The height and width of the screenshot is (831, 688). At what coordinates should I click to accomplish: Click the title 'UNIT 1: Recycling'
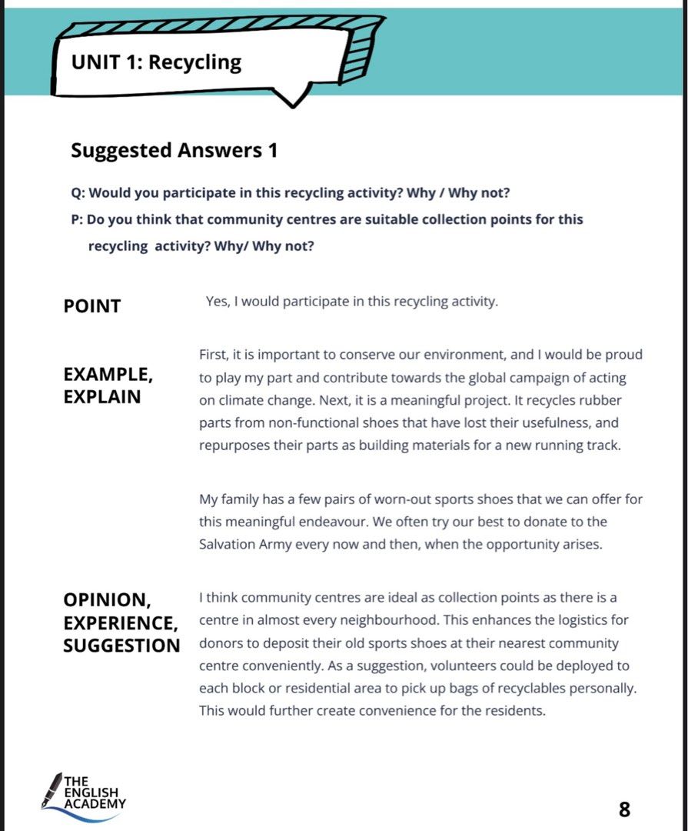[156, 62]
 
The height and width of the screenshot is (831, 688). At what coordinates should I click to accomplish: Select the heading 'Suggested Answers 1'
[174, 150]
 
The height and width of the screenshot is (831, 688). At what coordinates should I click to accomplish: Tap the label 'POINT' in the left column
[91, 306]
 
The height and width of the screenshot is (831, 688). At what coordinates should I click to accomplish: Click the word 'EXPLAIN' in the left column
[101, 397]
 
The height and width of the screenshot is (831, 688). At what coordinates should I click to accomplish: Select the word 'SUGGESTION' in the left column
[121, 646]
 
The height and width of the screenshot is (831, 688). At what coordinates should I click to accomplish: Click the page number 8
[624, 809]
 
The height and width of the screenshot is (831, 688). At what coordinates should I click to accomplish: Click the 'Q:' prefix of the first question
[78, 192]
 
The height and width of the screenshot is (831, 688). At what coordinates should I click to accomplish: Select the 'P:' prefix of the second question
[77, 219]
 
